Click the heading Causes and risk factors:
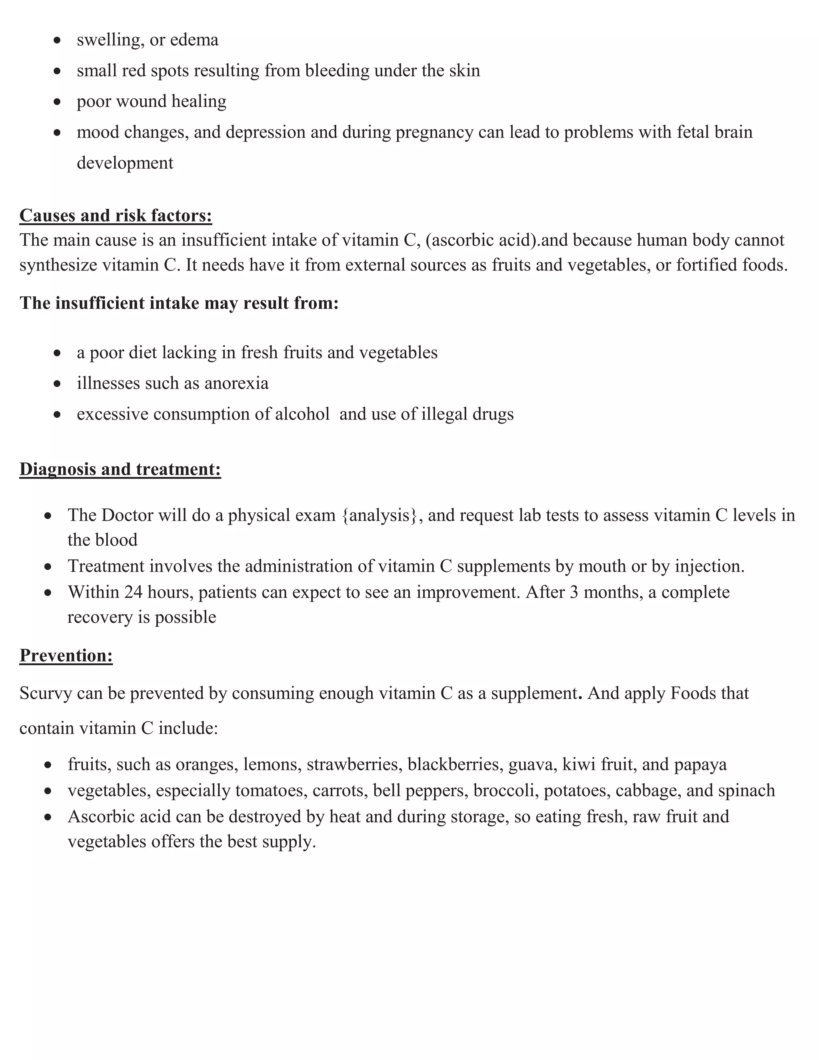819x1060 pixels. pos(116,216)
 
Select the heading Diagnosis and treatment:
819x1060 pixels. pos(120,469)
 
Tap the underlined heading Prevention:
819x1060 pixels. pos(66,656)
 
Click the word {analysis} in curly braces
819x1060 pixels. pos(380,516)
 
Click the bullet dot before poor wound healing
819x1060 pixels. pos(57,102)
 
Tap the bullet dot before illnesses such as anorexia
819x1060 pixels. pos(57,384)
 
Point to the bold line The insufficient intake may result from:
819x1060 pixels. pos(179,303)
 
